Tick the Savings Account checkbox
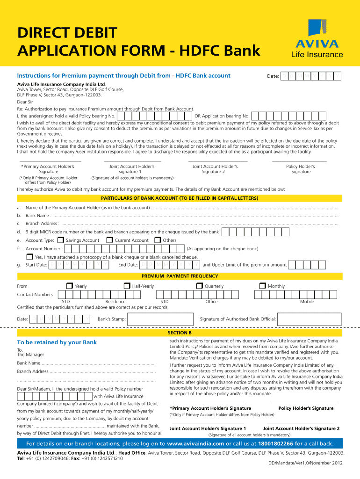click(x=60, y=240)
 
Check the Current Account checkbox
click(x=109, y=240)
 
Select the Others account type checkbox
click(x=158, y=240)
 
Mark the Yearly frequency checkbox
click(x=69, y=286)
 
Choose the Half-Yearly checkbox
click(x=127, y=286)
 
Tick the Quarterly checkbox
click(x=199, y=286)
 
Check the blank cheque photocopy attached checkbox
click(x=29, y=257)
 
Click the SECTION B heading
click(x=180, y=333)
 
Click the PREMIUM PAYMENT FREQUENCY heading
click(x=180, y=276)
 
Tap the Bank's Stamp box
click(x=158, y=319)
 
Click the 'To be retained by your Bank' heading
click(x=57, y=342)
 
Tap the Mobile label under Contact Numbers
click(x=307, y=302)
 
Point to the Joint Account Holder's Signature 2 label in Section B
click(x=301, y=428)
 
